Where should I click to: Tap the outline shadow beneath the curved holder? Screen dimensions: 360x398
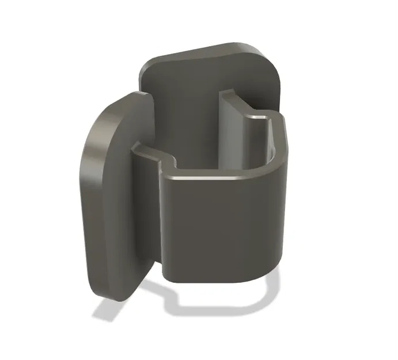[x=230, y=302]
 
